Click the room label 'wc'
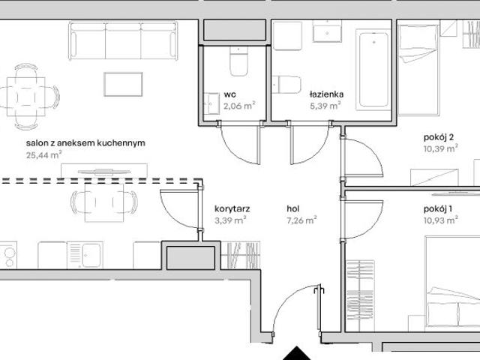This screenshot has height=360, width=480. (x=230, y=94)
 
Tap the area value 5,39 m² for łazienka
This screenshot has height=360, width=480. (x=325, y=106)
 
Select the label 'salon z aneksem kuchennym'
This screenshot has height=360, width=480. (x=85, y=143)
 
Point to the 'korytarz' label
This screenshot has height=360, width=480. (x=232, y=208)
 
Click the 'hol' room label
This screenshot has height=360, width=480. (x=293, y=208)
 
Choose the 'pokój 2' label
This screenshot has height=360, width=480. (x=439, y=137)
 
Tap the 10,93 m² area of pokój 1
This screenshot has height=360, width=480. (x=441, y=220)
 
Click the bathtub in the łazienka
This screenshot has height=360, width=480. (x=373, y=70)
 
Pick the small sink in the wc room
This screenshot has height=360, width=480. (x=211, y=103)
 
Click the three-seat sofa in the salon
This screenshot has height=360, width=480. (x=123, y=40)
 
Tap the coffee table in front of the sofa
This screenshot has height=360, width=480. (x=123, y=85)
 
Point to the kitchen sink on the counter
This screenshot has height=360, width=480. (x=85, y=255)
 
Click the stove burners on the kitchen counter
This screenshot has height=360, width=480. (x=8, y=255)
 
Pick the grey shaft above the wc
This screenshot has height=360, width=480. (x=235, y=30)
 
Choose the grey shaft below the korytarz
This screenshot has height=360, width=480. (x=190, y=258)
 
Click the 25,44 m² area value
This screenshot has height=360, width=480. (x=43, y=155)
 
